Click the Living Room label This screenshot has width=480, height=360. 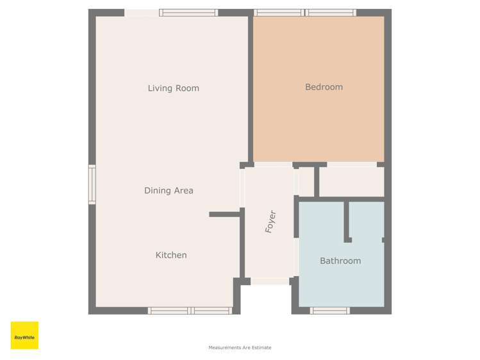click(x=173, y=88)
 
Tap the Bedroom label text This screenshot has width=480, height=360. click(x=324, y=87)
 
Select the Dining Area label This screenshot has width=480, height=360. click(x=169, y=190)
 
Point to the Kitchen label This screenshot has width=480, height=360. click(x=171, y=255)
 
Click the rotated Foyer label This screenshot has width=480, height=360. click(x=270, y=222)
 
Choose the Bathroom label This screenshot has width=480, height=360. click(x=340, y=261)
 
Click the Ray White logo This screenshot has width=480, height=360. click(x=24, y=336)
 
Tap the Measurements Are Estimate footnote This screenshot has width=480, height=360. click(x=240, y=348)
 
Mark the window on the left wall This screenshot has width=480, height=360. click(x=92, y=184)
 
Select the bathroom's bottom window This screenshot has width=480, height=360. click(x=330, y=311)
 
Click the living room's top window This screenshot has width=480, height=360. click(x=188, y=12)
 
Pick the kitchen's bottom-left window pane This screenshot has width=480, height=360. click(x=169, y=311)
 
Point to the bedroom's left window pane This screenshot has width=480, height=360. click(x=279, y=12)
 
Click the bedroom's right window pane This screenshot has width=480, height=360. click(x=331, y=12)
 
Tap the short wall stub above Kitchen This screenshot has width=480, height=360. click(x=224, y=214)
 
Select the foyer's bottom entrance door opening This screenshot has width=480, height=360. click(x=270, y=281)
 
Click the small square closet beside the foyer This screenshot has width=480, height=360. click(x=306, y=182)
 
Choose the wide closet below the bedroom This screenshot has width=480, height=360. click(x=351, y=182)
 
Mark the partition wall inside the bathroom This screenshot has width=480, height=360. click(x=347, y=221)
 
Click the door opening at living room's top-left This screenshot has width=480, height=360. click(x=142, y=13)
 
